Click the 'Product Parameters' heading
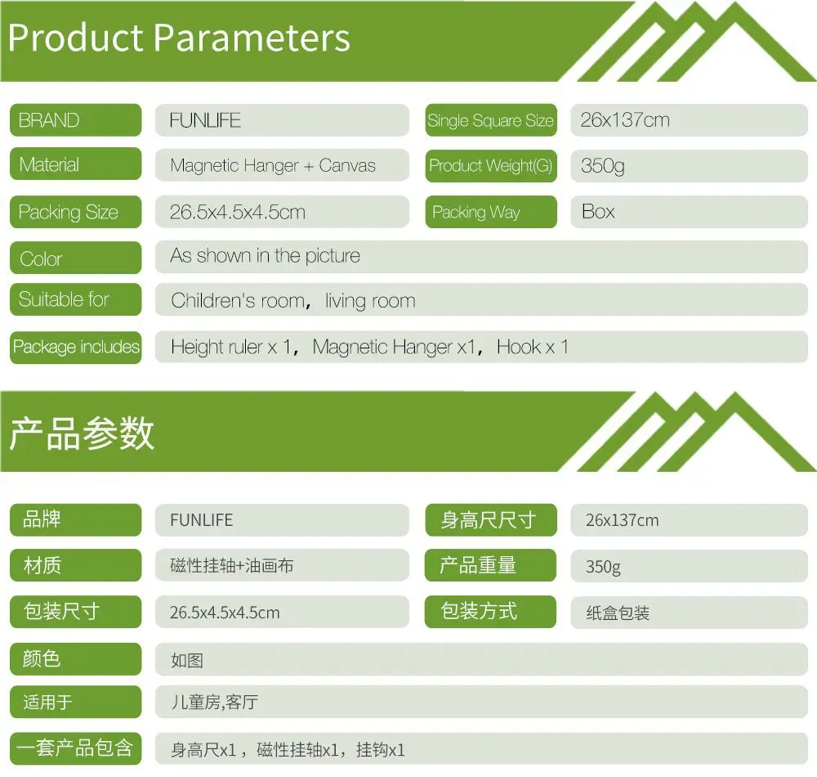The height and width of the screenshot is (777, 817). coord(179,38)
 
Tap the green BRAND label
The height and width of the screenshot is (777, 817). coord(75,120)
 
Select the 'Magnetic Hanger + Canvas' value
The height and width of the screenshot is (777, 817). coord(273,165)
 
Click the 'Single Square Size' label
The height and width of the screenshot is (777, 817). coord(491,120)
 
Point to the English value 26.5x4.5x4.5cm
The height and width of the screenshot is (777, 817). coord(238,212)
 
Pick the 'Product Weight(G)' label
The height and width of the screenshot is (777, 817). coord(491,165)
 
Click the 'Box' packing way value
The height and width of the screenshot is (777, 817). coord(598,211)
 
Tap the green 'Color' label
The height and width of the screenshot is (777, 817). coord(75,258)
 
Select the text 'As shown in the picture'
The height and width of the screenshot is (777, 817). coord(266,255)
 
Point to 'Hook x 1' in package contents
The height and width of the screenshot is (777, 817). coord(532,347)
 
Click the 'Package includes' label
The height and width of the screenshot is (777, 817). coord(75,347)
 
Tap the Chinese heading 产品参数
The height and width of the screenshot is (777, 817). coord(82,433)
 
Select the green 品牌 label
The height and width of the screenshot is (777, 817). coord(75,519)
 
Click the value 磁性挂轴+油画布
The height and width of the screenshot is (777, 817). coord(232,565)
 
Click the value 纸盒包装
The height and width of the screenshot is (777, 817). coord(618,613)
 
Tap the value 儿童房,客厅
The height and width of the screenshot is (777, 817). coord(215,702)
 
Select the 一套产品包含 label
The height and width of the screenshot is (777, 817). coord(75,748)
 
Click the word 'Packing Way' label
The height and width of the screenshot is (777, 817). coord(475,212)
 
